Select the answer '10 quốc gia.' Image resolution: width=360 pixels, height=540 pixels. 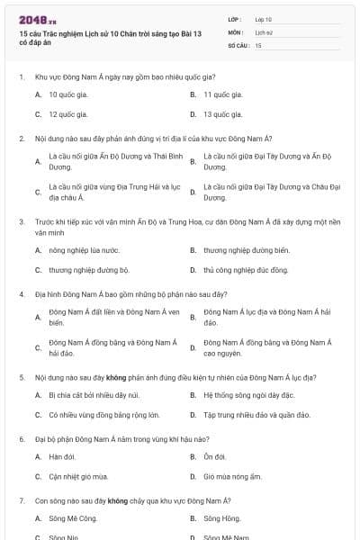[67, 94]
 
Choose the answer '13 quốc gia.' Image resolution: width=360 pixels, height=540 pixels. [222, 114]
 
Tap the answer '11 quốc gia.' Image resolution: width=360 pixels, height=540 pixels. [222, 94]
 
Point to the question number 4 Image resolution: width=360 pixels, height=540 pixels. [21, 294]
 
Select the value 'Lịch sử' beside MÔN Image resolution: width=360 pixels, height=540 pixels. [263, 31]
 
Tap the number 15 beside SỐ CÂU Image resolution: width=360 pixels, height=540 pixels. [257, 44]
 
